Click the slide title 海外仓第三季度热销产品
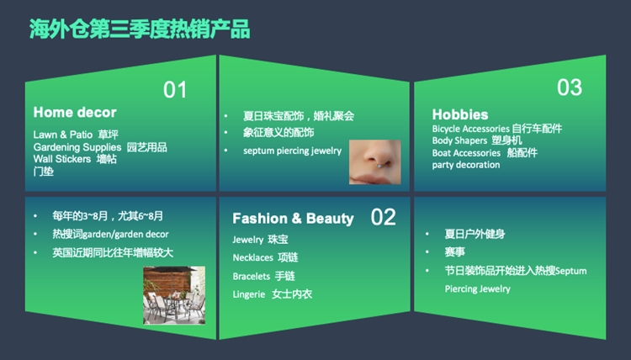140,29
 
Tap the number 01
175,90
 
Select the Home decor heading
75,112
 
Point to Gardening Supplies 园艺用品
100,147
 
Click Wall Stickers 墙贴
75,159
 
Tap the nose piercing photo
374,161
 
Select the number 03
569,87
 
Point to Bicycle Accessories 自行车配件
496,129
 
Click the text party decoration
466,165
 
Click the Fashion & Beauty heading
293,219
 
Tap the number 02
383,217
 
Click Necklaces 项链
265,257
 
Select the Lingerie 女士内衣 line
272,294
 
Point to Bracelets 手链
263,276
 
